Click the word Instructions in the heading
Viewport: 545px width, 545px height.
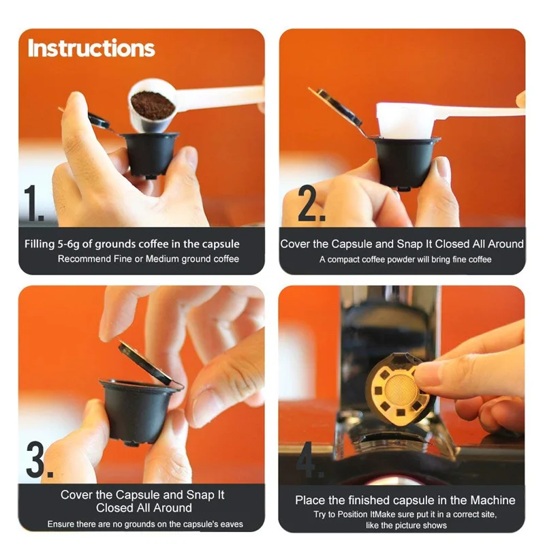91,48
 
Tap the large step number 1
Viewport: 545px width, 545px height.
33,203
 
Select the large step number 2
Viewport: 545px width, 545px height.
312,203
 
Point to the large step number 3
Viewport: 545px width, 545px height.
40,459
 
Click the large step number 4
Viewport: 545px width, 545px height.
309,459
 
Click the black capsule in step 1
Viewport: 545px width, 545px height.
151,155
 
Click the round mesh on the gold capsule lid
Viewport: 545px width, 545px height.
401,390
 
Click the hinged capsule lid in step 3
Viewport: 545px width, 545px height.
148,363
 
